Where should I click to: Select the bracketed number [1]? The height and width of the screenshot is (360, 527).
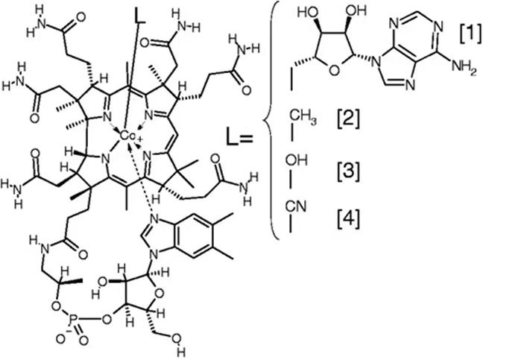[470, 34]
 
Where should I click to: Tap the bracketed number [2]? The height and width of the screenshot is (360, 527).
[349, 119]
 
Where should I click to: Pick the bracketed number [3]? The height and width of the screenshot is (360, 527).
[349, 171]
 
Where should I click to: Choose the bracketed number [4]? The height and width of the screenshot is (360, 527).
[349, 219]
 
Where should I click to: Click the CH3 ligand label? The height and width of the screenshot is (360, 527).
[303, 118]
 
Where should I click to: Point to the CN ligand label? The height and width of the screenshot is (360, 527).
[296, 206]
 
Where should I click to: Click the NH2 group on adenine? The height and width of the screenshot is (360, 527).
[464, 67]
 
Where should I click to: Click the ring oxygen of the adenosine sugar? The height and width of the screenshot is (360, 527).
[332, 71]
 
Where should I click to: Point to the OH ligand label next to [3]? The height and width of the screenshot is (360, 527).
[297, 160]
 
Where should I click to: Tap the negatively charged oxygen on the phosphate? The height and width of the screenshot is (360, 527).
[60, 339]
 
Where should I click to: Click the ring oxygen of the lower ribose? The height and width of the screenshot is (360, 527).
[160, 294]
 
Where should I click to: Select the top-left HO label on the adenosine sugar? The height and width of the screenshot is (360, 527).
[308, 13]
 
